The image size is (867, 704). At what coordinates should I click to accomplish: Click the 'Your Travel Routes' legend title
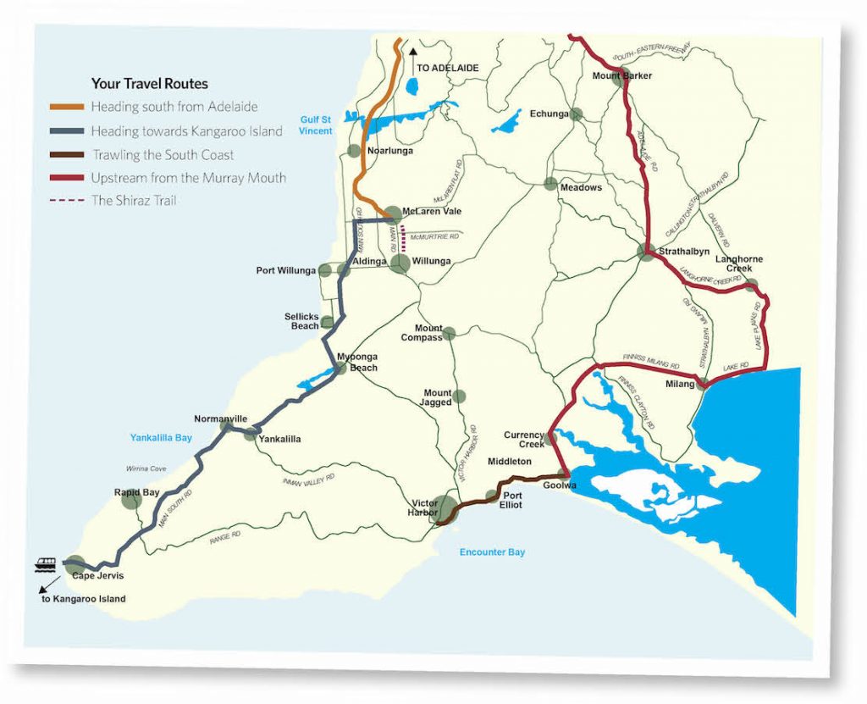149,84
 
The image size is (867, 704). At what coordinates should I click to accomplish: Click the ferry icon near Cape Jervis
47,562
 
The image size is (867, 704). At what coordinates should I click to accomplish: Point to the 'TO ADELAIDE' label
448,68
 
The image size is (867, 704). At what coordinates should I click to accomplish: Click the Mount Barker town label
622,75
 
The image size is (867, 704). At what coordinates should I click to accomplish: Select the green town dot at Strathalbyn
647,252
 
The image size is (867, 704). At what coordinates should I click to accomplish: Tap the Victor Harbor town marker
445,508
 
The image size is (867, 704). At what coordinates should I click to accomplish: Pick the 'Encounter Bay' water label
492,552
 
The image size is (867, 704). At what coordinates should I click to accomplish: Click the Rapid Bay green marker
130,500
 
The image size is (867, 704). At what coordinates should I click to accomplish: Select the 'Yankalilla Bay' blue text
161,438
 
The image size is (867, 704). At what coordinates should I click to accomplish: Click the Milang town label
679,384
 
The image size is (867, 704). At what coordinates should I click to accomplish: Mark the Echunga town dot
577,114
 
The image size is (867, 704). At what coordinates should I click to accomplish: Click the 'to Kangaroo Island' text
83,599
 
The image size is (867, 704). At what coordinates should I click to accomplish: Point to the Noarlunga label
389,151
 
